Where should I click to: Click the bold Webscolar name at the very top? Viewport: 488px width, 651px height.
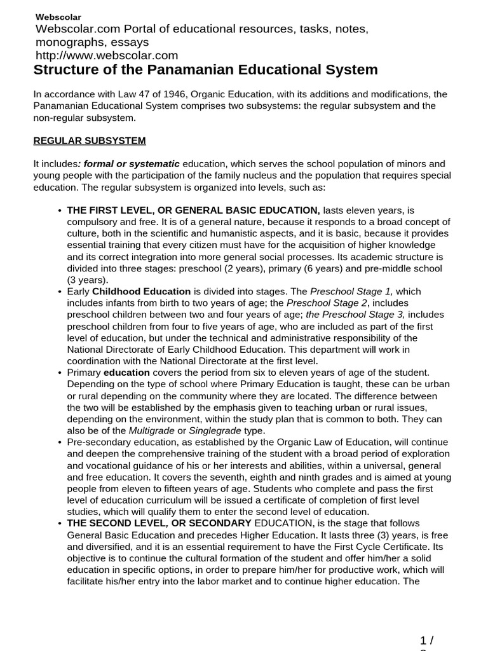click(x=58, y=17)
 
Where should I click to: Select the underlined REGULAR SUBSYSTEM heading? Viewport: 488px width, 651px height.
click(x=89, y=140)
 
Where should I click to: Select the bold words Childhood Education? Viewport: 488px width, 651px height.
click(x=142, y=291)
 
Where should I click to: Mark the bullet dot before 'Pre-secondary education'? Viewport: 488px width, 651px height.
click(x=59, y=442)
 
